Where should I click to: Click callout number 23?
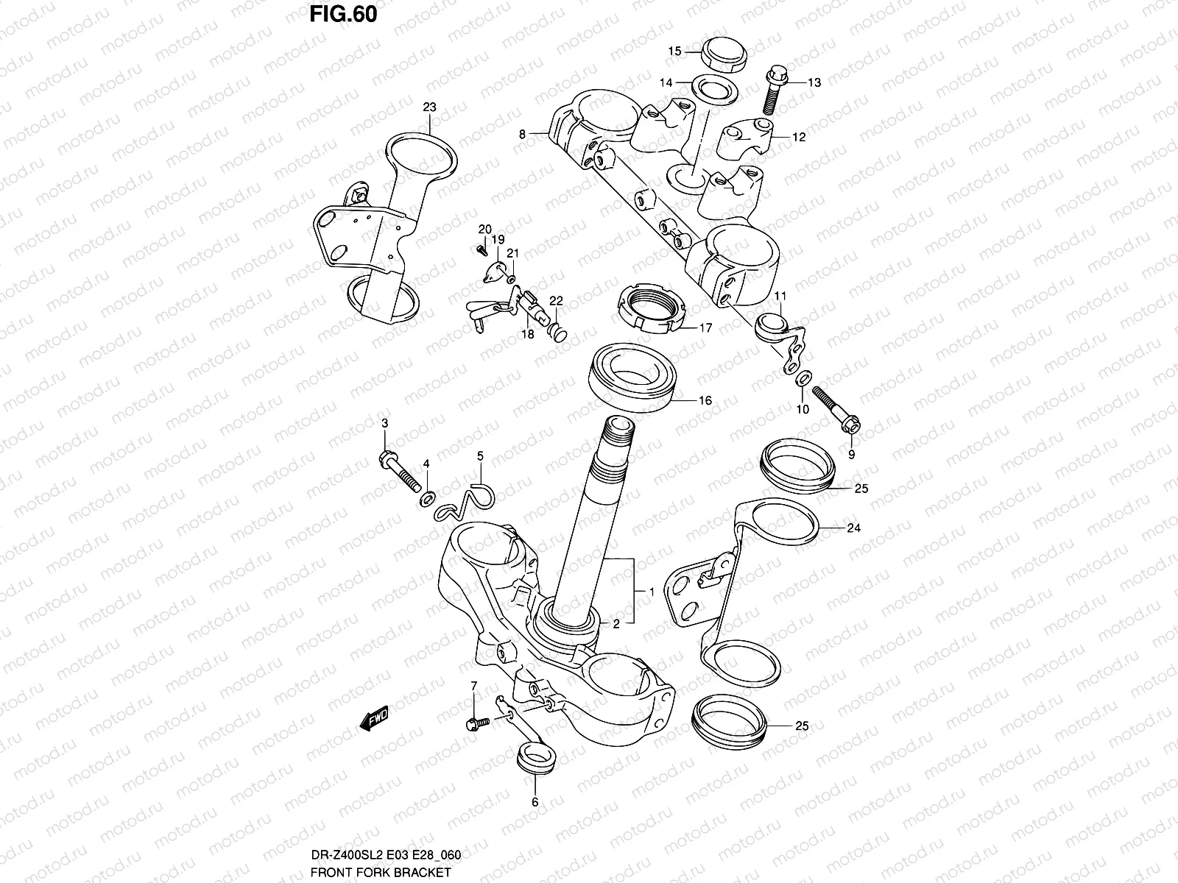point(429,107)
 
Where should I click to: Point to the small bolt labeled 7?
point(477,723)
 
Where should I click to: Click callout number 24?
point(853,528)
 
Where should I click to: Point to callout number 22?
point(555,300)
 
